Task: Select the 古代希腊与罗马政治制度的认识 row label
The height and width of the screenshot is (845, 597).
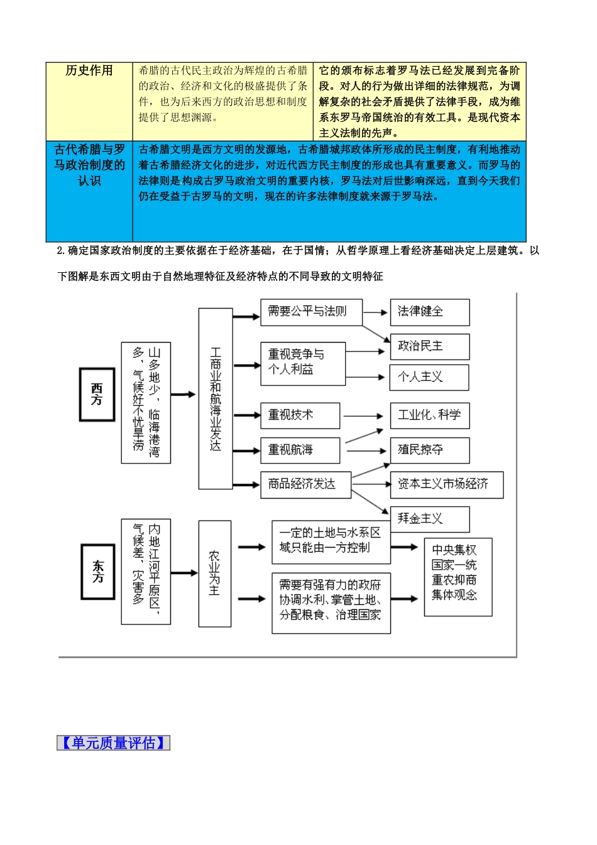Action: tap(89, 165)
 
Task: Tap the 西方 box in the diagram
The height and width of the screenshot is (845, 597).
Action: tap(97, 394)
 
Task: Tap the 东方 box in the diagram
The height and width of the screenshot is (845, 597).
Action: tap(98, 572)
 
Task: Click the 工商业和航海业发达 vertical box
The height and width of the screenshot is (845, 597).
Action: tap(216, 399)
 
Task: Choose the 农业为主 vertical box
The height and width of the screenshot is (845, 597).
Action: tap(214, 573)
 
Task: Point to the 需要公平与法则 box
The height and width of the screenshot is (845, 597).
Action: tap(311, 312)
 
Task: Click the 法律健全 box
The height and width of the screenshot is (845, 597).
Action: tap(429, 312)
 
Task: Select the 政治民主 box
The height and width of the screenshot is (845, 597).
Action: tap(429, 346)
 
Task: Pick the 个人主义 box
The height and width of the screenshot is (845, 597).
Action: tap(429, 377)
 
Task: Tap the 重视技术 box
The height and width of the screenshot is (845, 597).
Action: tap(300, 416)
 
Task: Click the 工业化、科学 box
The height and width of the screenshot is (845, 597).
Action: tap(429, 416)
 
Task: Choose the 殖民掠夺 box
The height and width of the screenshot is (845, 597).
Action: tap(429, 450)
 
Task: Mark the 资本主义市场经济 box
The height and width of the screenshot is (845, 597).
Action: tap(446, 485)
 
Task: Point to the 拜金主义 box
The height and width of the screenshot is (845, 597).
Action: tap(429, 519)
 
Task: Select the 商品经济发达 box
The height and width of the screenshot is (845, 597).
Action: tap(305, 485)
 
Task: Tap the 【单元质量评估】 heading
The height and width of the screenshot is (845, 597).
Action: tap(113, 743)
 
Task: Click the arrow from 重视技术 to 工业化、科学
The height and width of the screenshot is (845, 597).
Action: tap(363, 416)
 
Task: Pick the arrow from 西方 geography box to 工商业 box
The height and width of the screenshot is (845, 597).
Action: tap(183, 395)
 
